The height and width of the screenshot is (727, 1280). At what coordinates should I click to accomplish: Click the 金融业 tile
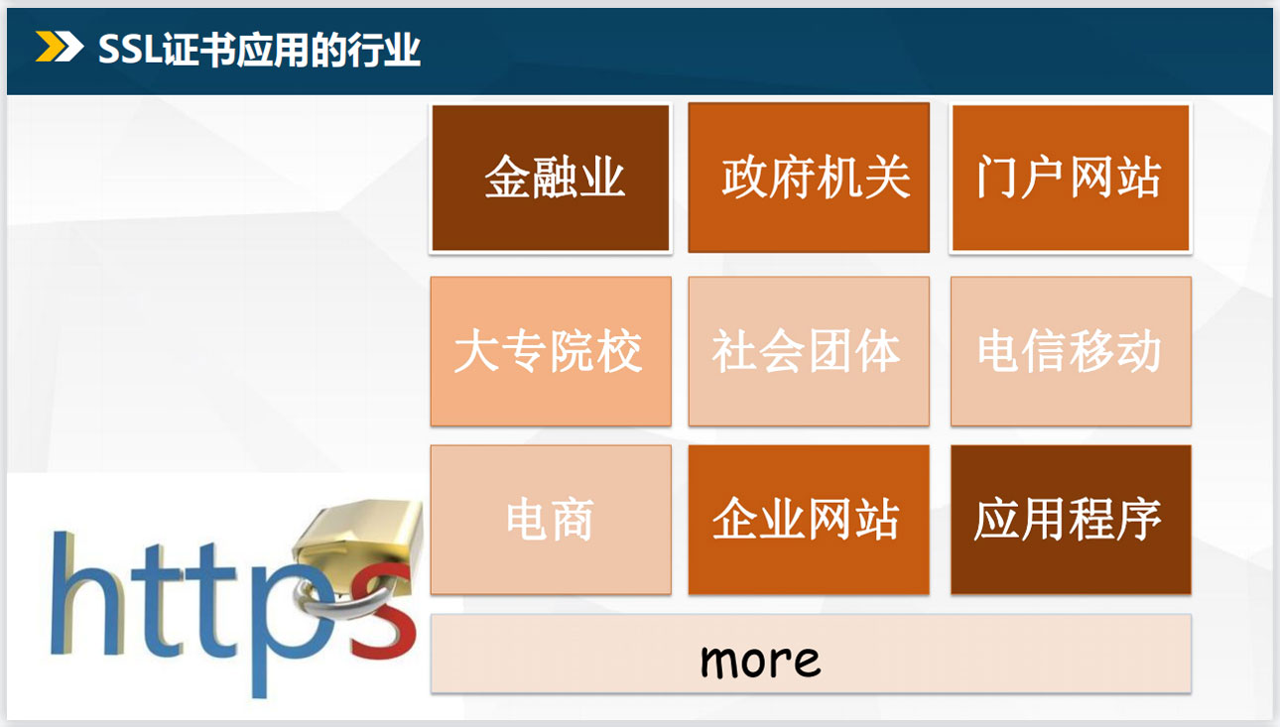click(x=551, y=178)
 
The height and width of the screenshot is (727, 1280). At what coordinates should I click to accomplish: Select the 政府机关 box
click(x=809, y=178)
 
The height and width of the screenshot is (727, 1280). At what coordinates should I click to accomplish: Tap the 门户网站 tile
click(x=1071, y=178)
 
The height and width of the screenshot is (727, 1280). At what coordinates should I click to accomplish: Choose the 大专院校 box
click(x=551, y=351)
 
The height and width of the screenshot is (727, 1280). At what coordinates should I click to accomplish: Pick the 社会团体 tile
click(x=809, y=351)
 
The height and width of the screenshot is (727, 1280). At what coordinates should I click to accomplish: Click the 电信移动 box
click(x=1071, y=351)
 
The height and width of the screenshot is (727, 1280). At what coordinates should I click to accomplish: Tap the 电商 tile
click(x=551, y=520)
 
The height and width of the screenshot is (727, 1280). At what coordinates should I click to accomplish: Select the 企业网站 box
click(x=809, y=520)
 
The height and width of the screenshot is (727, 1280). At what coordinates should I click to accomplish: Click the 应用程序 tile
click(x=1071, y=520)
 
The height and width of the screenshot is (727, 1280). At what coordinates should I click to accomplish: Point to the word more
click(x=760, y=661)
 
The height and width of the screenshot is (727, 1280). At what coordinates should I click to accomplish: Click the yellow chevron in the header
click(x=49, y=47)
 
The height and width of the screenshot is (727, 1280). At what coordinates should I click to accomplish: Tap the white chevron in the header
click(x=70, y=47)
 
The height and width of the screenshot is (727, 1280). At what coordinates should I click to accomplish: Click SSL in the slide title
click(x=130, y=50)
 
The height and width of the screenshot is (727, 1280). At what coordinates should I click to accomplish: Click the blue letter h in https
click(x=85, y=594)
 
